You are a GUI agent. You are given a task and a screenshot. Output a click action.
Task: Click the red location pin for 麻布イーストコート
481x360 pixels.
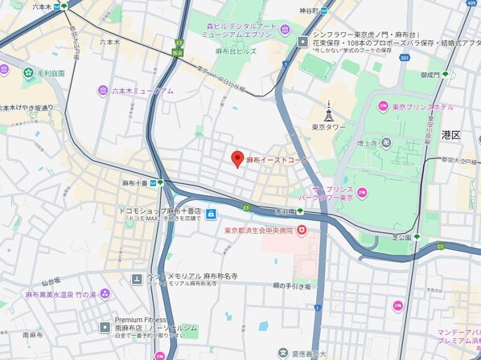pos(237,158)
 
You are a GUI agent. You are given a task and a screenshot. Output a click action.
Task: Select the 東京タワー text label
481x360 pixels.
pos(328,127)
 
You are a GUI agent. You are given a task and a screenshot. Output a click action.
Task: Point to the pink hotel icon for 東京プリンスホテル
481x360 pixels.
pos(384,106)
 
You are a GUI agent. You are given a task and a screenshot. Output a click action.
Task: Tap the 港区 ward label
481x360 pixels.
pos(450,135)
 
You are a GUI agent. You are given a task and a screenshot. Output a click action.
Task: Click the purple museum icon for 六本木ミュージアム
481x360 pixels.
pos(102,91)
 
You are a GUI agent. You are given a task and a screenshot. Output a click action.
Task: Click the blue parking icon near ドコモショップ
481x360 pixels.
pos(211,214)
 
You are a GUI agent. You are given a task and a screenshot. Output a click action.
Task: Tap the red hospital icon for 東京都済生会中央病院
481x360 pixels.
pos(302,230)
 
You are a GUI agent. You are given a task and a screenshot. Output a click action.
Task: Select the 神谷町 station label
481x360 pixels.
pos(309,10)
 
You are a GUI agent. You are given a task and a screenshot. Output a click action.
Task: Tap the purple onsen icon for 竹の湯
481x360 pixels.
pos(103,294)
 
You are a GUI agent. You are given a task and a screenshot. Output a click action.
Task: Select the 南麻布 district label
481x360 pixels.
pos(32,334)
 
